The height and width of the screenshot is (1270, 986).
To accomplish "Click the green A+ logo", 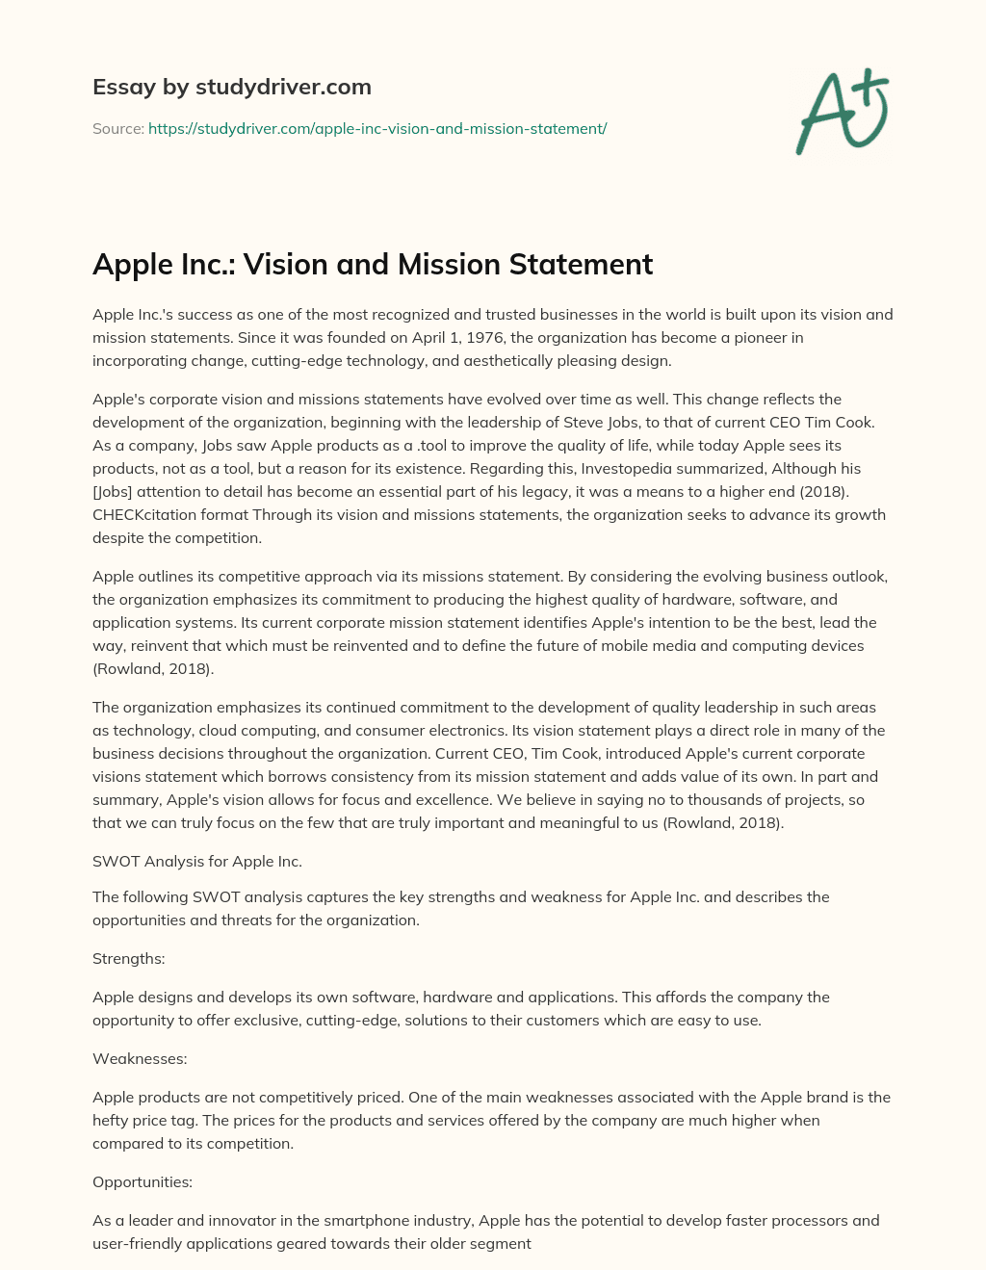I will click(x=843, y=112).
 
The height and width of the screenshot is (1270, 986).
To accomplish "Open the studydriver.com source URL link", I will click(x=377, y=128).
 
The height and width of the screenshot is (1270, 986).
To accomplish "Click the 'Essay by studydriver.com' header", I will click(x=231, y=87).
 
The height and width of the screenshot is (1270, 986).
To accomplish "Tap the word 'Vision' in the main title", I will click(x=290, y=264).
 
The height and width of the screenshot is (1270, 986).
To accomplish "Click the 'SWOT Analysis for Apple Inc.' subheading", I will click(x=197, y=861).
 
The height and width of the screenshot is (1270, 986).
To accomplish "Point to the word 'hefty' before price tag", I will click(x=113, y=1121).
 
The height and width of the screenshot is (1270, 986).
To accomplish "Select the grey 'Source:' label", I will click(x=117, y=128).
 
